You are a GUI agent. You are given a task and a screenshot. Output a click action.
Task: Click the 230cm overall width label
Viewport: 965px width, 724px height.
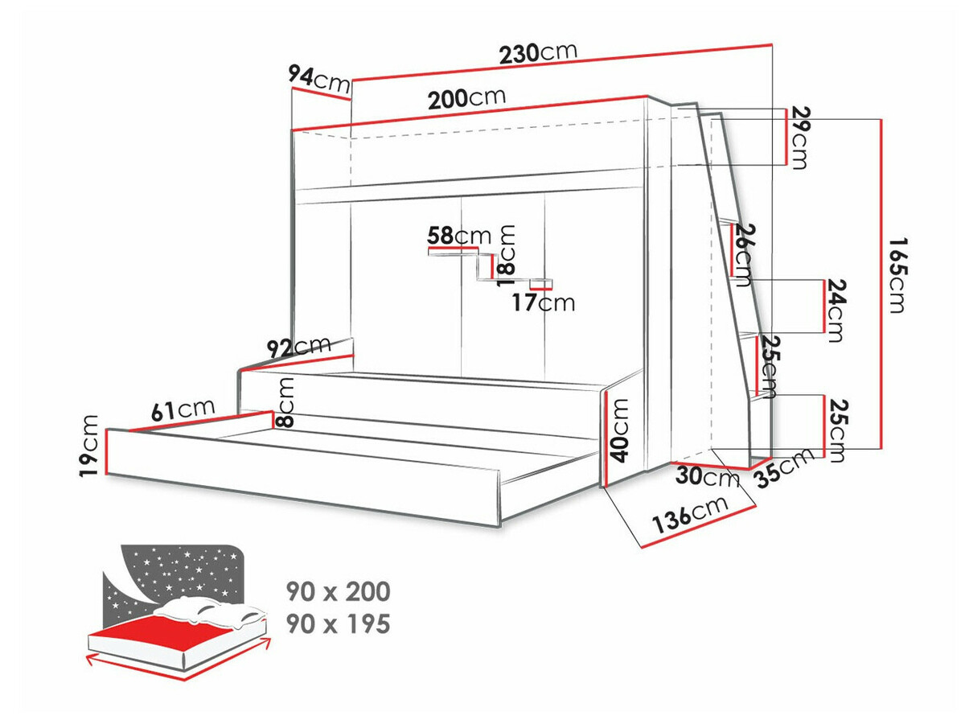click(538, 53)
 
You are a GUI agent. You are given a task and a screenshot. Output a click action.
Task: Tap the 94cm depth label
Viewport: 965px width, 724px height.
click(319, 78)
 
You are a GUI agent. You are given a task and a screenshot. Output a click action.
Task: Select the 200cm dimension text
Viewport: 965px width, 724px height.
click(466, 99)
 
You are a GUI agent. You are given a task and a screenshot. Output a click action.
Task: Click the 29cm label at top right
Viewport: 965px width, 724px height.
click(798, 138)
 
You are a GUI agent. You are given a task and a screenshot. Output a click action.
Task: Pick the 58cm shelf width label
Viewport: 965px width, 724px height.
click(459, 236)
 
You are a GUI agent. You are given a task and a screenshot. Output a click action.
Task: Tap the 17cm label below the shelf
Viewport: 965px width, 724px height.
click(544, 302)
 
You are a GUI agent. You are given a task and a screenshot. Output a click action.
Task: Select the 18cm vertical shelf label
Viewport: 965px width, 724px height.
click(507, 256)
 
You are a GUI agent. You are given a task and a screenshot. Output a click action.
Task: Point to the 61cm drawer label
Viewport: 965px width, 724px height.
click(184, 409)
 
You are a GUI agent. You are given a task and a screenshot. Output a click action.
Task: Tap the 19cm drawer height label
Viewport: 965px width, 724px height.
click(90, 445)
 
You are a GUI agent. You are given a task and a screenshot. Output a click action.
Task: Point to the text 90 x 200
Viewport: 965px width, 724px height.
click(338, 592)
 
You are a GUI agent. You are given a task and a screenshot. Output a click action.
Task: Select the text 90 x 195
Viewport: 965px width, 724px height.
click(338, 623)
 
